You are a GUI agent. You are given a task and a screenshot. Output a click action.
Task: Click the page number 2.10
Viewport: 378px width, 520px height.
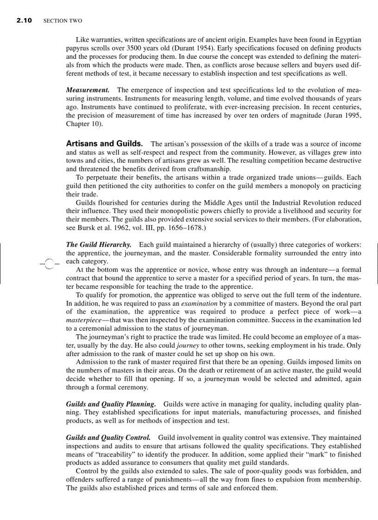[x=24, y=21]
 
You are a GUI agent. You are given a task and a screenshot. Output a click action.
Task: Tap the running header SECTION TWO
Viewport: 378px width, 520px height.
[x=63, y=21]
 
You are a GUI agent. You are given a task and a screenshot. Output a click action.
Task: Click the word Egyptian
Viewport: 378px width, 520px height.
[x=346, y=40]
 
